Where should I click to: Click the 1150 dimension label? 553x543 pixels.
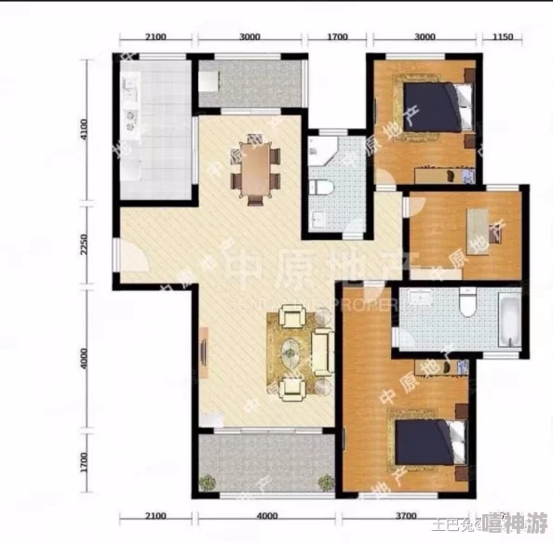(x=503, y=37)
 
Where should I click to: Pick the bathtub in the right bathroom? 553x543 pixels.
(x=509, y=320)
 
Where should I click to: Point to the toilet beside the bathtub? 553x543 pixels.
(x=468, y=303)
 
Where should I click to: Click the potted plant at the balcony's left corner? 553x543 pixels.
(x=208, y=482)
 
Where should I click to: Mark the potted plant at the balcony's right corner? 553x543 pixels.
(x=325, y=482)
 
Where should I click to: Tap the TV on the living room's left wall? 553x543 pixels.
(x=202, y=352)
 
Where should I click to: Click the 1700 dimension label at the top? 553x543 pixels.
(x=337, y=37)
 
